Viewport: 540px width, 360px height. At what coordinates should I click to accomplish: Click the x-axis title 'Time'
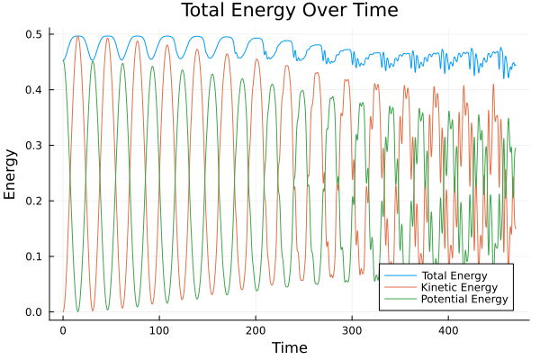click(289, 347)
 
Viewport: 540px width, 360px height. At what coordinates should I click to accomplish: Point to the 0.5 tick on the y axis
click(34, 34)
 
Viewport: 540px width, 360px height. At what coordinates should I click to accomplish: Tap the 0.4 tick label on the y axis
click(34, 90)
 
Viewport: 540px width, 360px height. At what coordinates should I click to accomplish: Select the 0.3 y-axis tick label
click(34, 146)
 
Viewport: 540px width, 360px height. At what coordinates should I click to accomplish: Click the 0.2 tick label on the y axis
click(34, 201)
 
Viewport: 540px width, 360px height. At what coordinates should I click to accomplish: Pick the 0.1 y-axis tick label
click(34, 256)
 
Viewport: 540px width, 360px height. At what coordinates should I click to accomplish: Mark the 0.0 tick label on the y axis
click(34, 312)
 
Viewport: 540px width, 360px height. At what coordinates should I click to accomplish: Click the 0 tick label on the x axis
click(63, 330)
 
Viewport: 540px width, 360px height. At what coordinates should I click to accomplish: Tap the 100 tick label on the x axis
click(159, 330)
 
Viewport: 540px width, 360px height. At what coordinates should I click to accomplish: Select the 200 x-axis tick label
click(256, 330)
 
